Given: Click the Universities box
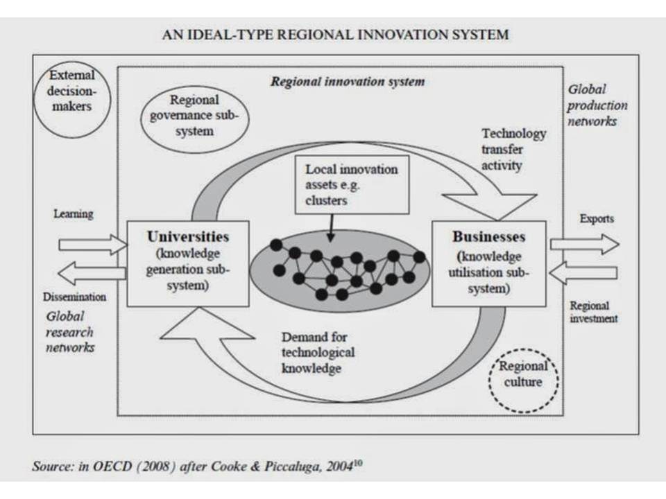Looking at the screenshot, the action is click(188, 263).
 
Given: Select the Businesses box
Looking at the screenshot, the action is click(489, 263).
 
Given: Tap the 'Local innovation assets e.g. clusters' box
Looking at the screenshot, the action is click(352, 184).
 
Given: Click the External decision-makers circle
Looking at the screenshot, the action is click(71, 100).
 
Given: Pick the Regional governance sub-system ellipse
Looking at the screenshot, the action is click(194, 115).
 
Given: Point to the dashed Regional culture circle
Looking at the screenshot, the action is click(523, 380).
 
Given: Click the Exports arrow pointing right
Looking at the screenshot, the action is click(584, 244).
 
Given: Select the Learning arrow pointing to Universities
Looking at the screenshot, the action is click(93, 245).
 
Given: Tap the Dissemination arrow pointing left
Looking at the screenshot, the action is click(92, 273).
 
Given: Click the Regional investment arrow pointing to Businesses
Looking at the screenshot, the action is click(583, 272).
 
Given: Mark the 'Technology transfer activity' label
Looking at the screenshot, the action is click(513, 150).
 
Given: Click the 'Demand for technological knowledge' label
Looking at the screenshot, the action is click(318, 353).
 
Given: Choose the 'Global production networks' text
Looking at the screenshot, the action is click(597, 105).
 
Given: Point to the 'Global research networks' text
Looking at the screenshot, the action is click(69, 332).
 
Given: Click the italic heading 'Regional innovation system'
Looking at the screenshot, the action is click(348, 82).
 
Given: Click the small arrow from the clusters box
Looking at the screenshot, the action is click(331, 228).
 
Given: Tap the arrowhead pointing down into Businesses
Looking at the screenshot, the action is click(489, 207).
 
